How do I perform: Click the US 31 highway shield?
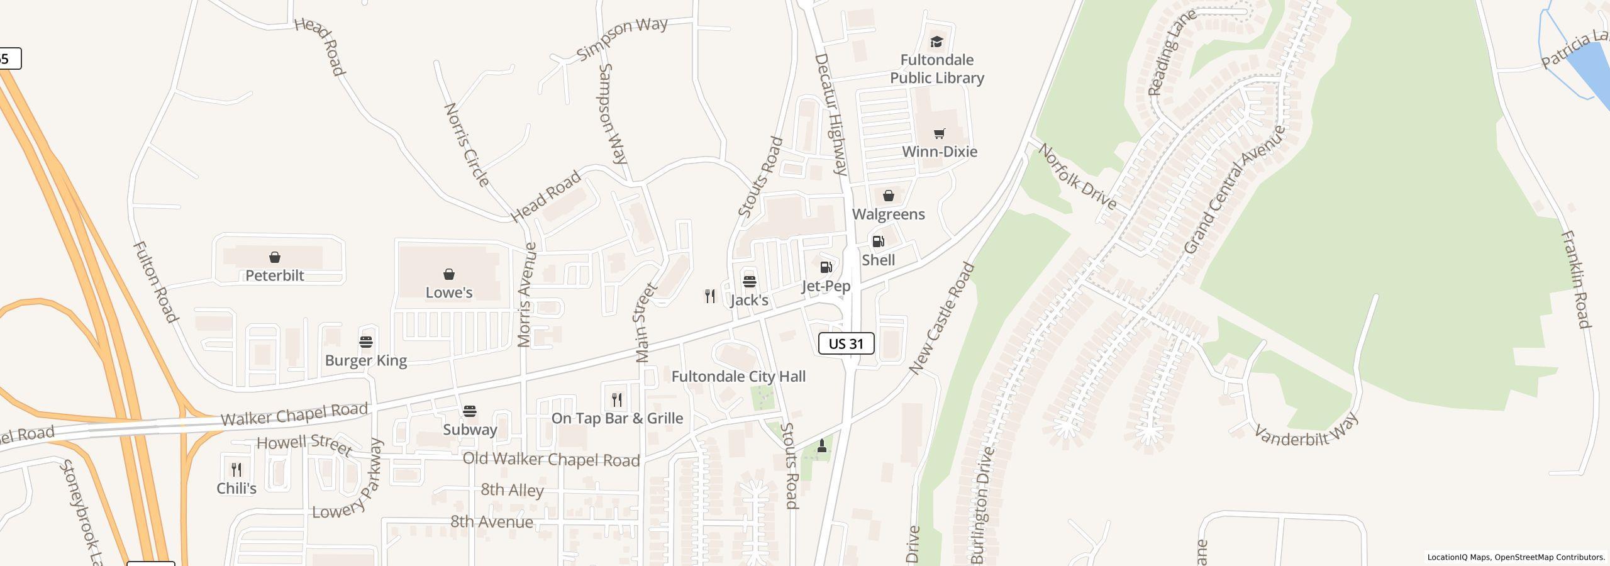point(846,343)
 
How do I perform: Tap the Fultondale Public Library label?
point(936,69)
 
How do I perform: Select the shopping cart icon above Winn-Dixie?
point(939,133)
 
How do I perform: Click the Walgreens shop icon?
point(888,196)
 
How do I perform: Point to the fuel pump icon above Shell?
point(878,241)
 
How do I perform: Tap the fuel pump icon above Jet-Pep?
point(826,268)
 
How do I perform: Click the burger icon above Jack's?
point(749,281)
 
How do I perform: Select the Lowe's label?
point(448,292)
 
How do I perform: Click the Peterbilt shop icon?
point(274,257)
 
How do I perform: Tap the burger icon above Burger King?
point(366,342)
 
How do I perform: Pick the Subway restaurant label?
point(470,430)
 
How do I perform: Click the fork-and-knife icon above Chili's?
point(236,469)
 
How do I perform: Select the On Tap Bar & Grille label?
point(617,418)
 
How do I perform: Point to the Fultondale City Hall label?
point(738,377)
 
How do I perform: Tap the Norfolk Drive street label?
point(1077,177)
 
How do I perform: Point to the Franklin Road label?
point(1575,279)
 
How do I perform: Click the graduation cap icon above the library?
point(936,42)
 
